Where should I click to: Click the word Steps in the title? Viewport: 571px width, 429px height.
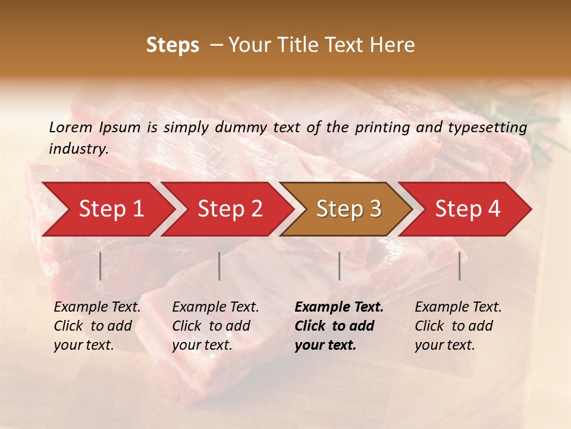(x=172, y=45)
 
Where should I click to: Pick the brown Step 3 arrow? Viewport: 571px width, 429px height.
(x=349, y=209)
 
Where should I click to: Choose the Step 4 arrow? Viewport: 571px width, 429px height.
(x=468, y=209)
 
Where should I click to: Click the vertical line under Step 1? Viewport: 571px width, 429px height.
(x=101, y=266)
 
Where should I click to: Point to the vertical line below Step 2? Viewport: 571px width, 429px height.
(x=219, y=266)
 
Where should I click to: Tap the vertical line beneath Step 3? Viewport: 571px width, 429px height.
(x=339, y=266)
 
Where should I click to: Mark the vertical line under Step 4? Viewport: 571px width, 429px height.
(x=459, y=266)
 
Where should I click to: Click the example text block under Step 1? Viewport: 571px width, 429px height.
(x=97, y=326)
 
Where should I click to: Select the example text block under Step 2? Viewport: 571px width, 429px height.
(x=215, y=326)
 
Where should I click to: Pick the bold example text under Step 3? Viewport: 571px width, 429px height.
(x=339, y=326)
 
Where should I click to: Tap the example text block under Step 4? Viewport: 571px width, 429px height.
(x=458, y=326)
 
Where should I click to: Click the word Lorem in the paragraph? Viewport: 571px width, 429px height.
(x=70, y=127)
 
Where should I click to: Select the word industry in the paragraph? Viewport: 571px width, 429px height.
(x=78, y=148)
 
